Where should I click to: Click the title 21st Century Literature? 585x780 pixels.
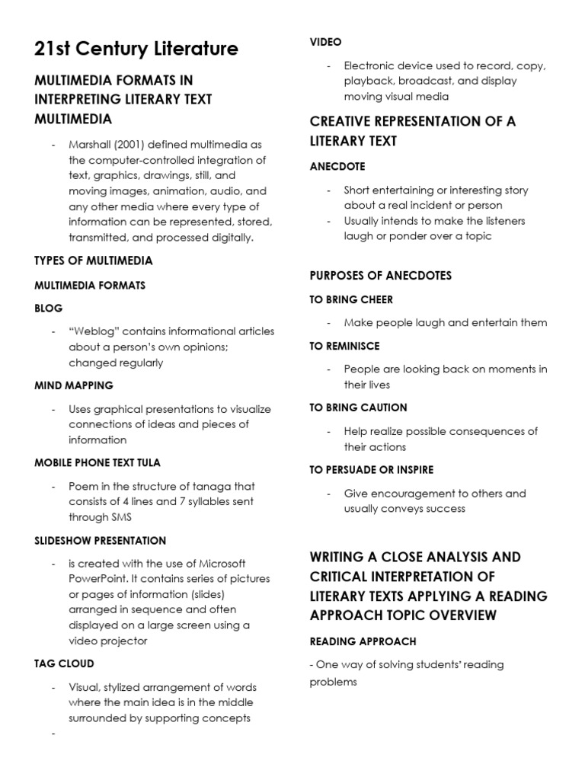click(x=136, y=50)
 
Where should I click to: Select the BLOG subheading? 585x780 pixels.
click(x=49, y=308)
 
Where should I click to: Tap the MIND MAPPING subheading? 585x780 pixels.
click(x=74, y=385)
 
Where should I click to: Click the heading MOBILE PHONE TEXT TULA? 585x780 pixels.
click(x=97, y=463)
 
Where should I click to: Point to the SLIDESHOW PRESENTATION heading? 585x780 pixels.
click(x=100, y=541)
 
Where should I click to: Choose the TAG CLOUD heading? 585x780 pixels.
click(x=65, y=664)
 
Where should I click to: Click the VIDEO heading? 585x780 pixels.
click(x=325, y=42)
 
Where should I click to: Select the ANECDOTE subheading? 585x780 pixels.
click(x=337, y=166)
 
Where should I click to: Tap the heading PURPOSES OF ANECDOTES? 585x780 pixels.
click(x=380, y=275)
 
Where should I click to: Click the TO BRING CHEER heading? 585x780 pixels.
click(x=351, y=299)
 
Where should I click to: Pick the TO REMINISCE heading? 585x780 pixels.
click(x=344, y=346)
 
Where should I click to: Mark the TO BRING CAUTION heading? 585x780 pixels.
click(x=358, y=408)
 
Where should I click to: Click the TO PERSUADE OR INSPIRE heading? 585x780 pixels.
click(x=371, y=470)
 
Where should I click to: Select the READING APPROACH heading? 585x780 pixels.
click(x=363, y=641)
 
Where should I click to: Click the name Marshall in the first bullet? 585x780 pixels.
click(x=90, y=145)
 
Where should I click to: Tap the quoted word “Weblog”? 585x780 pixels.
click(x=94, y=331)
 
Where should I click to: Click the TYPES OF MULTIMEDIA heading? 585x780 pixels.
click(x=94, y=261)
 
